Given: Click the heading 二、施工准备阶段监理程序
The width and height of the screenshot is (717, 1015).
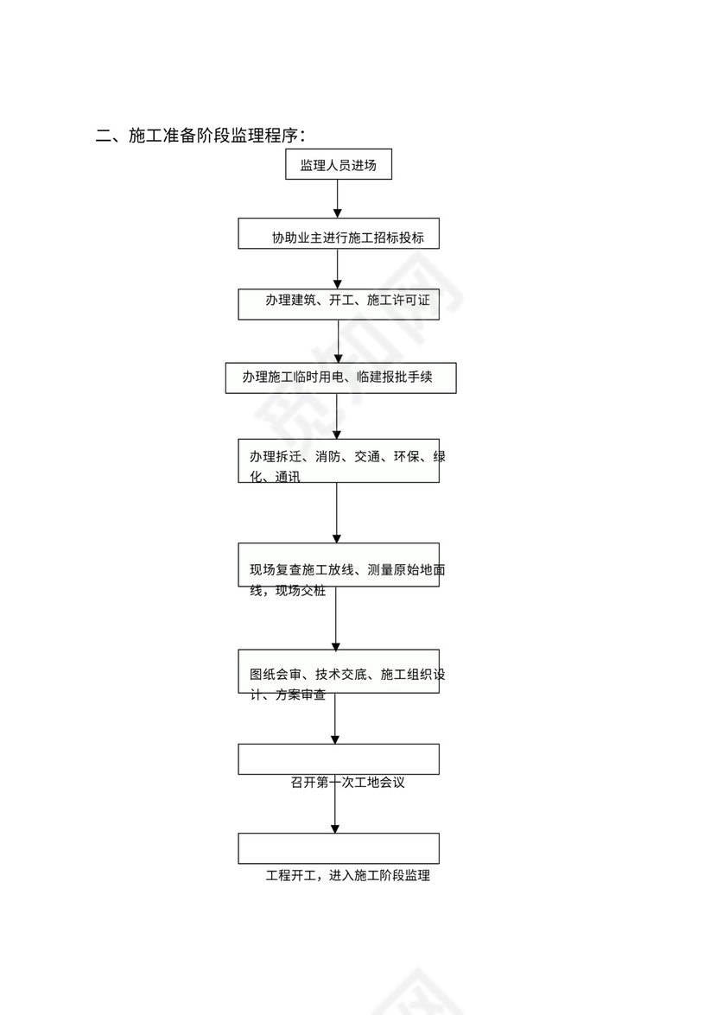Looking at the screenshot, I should (200, 136).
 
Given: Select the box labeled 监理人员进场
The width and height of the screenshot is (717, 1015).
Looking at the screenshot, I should (339, 165).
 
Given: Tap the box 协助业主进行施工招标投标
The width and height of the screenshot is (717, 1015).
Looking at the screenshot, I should (339, 233).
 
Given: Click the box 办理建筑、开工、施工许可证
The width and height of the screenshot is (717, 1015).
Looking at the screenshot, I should (339, 303).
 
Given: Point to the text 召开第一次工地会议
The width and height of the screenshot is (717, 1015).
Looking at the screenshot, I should (347, 783).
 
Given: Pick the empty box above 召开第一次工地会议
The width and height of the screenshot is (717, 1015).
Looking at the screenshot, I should (339, 758).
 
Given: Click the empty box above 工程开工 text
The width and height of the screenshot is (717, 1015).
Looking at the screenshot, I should (339, 848).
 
